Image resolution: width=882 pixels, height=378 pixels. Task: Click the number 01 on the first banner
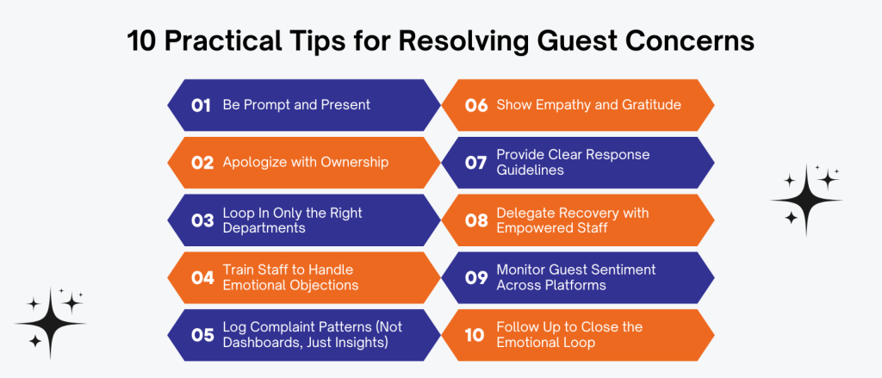point(201,105)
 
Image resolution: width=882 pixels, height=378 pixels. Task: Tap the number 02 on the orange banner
point(202,163)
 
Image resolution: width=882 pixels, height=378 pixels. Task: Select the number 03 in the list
point(202,220)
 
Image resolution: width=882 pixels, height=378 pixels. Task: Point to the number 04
point(202,277)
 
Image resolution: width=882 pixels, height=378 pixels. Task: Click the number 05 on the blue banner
point(202,335)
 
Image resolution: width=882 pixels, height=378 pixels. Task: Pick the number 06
point(476,105)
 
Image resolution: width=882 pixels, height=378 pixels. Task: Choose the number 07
point(475,163)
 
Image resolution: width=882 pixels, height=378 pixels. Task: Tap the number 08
point(476,220)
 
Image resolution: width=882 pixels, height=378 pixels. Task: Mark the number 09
point(476,277)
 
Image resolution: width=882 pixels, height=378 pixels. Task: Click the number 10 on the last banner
point(475,335)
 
